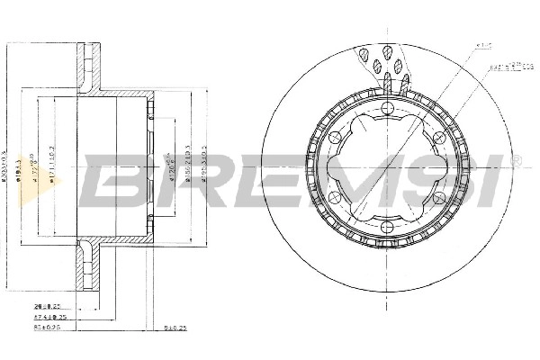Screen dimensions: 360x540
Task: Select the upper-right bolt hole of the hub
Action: [x=436, y=138]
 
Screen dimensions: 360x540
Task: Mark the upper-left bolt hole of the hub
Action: [x=334, y=138]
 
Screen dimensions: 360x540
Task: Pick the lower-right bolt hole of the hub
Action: [x=436, y=204]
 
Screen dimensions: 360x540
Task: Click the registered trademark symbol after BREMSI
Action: [x=516, y=159]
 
